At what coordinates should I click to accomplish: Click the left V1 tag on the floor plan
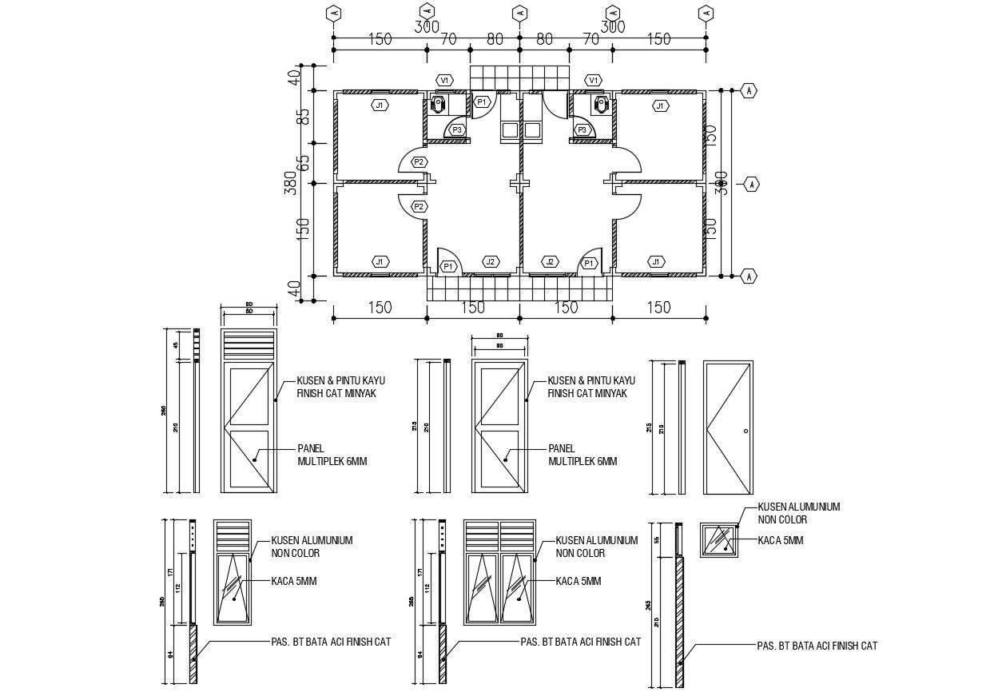tap(445, 80)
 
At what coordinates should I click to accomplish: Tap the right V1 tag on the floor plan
tap(593, 80)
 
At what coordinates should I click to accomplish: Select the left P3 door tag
tap(457, 129)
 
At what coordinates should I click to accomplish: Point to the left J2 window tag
tap(490, 261)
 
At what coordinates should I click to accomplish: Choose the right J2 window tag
tap(549, 261)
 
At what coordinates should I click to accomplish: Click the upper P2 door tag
tap(419, 161)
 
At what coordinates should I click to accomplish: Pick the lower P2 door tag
tap(419, 206)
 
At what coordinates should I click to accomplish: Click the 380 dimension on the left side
tap(292, 185)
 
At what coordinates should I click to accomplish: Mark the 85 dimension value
tap(303, 116)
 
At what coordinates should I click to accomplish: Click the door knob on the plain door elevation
tap(746, 431)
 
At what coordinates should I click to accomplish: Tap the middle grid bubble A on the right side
tap(751, 185)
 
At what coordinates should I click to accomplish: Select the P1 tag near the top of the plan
tap(482, 102)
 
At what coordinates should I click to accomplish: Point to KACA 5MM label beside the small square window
tap(780, 540)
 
